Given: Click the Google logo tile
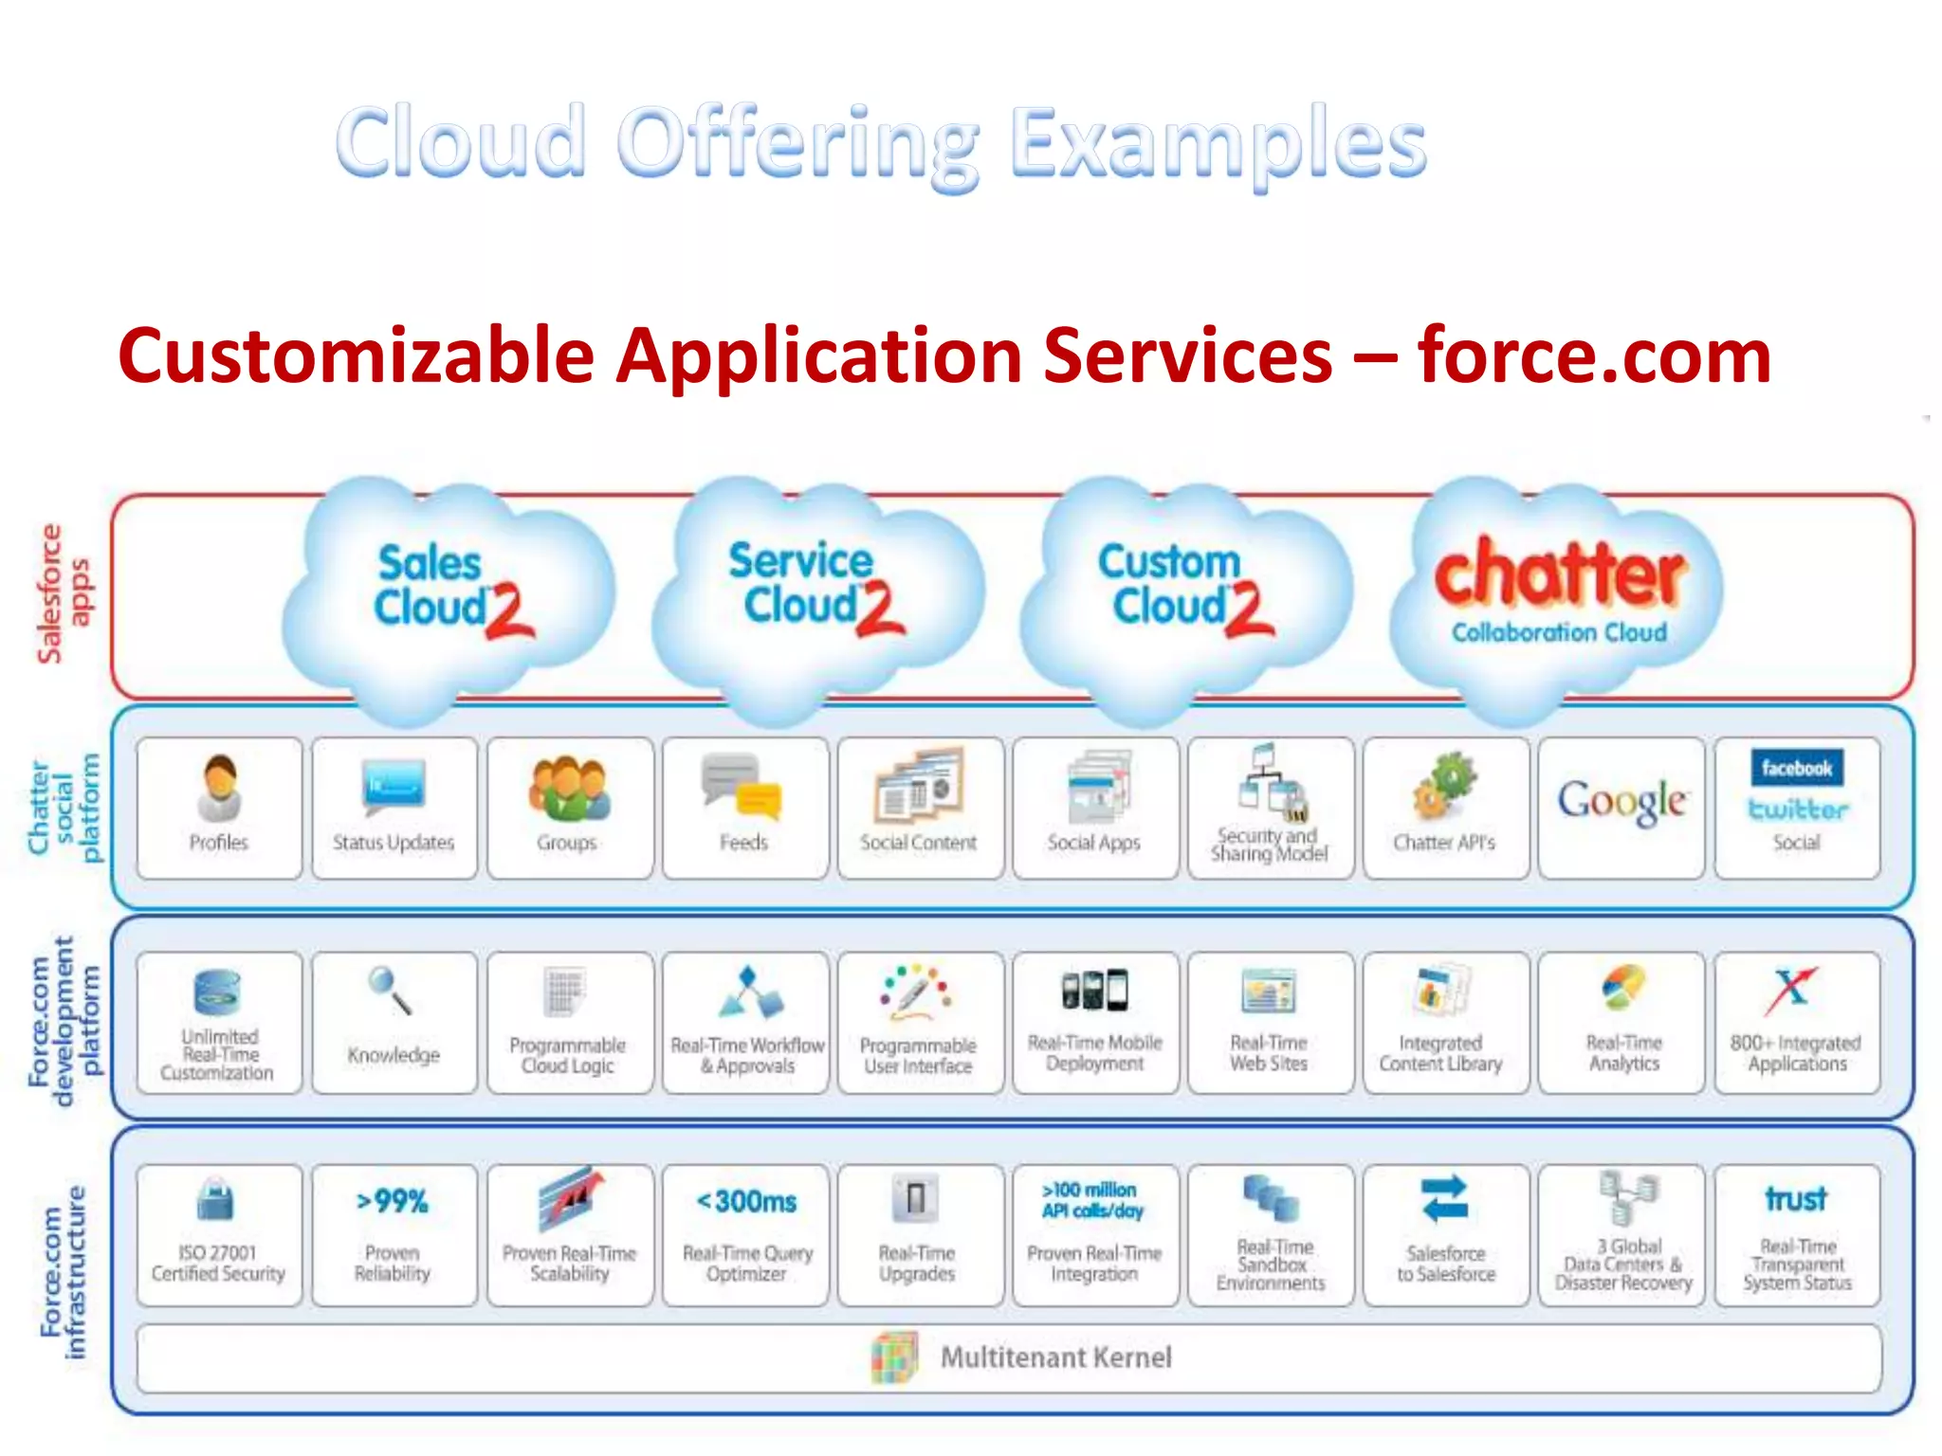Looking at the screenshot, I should [1621, 802].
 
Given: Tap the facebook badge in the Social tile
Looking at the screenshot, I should [1797, 768].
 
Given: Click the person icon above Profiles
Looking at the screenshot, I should [219, 788].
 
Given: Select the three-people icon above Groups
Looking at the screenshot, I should [569, 788].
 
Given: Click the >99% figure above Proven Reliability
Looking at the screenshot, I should [393, 1202].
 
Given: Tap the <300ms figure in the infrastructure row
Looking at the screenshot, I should [746, 1202].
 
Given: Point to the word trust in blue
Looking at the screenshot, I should [1796, 1199].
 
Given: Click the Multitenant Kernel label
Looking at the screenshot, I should [1055, 1357].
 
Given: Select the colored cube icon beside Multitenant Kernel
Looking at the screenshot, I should [893, 1357].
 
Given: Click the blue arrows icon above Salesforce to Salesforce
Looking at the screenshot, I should [1445, 1199].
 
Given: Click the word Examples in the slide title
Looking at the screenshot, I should [1218, 144].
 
